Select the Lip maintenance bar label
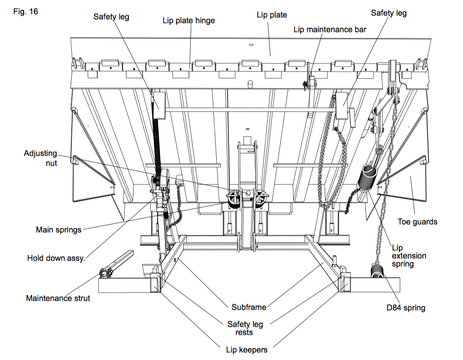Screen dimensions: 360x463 pos(330,29)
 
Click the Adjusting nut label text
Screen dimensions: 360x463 pos(41,157)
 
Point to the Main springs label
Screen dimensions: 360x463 pos(59,230)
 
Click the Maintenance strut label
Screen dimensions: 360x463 pos(57,298)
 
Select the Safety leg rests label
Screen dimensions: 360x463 pos(245,328)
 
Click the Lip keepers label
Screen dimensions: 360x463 pos(246,350)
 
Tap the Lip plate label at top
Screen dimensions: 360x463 pos(271,15)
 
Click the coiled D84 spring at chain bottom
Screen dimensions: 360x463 pos(378,273)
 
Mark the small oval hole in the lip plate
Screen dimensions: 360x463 pos(251,45)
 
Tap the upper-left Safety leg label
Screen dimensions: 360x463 pos(111,17)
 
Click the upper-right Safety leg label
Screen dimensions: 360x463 pos(388,13)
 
